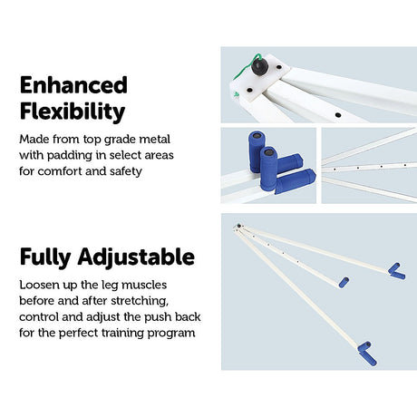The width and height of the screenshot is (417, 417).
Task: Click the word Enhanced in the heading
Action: click(x=73, y=85)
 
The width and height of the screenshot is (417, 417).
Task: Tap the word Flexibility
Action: click(x=73, y=112)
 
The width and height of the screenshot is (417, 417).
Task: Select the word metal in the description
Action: click(x=154, y=140)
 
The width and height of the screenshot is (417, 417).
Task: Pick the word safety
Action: click(x=126, y=171)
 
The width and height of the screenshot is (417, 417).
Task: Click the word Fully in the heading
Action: click(x=45, y=257)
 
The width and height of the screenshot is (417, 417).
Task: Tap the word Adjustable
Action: click(x=136, y=257)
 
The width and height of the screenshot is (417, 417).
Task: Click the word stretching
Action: click(x=140, y=301)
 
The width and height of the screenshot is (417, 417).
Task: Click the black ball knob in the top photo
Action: click(x=259, y=66)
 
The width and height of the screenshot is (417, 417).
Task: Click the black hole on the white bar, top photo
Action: click(x=338, y=115)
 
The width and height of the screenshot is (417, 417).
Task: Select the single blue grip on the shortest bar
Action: click(x=344, y=282)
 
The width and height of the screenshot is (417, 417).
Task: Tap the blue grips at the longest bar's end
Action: click(x=367, y=354)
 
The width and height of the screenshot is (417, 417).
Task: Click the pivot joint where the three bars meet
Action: click(x=238, y=227)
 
